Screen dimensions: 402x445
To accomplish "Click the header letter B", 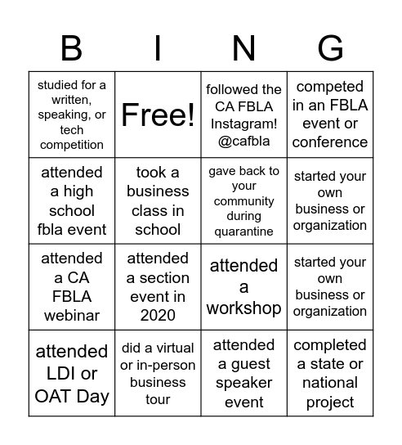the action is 72,49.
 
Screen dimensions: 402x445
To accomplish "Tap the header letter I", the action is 158,49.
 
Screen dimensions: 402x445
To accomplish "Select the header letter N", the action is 243,49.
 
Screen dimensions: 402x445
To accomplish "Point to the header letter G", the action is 330,49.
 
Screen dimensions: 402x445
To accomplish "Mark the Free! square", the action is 158,115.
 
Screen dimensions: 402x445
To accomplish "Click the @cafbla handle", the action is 243,141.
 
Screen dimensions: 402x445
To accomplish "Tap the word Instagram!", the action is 243,124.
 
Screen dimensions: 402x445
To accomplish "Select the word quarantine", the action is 243,231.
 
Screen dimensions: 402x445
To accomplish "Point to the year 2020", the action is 158,315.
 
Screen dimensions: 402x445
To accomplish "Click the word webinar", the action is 72,315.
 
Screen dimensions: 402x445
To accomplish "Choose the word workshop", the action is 243,308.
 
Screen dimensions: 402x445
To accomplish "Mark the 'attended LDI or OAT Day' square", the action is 72,373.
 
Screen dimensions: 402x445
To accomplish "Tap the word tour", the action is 158,399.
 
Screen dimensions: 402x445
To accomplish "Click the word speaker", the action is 243,382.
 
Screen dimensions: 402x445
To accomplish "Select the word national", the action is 330,382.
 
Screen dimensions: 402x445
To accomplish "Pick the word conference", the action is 330,142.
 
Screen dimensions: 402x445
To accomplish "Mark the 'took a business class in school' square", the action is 158,200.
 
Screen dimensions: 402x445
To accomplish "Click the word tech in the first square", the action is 72,130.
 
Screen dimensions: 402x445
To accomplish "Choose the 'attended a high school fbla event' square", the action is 72,200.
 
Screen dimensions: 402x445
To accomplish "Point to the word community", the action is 243,201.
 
